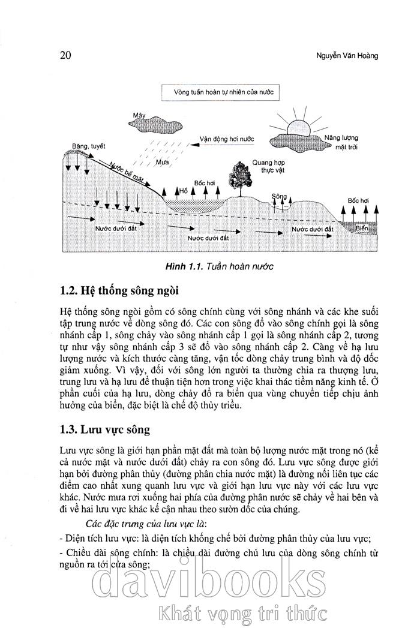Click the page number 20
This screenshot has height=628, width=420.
(x=66, y=56)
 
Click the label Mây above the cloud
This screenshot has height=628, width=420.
(x=140, y=114)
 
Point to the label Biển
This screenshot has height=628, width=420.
(x=361, y=229)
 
